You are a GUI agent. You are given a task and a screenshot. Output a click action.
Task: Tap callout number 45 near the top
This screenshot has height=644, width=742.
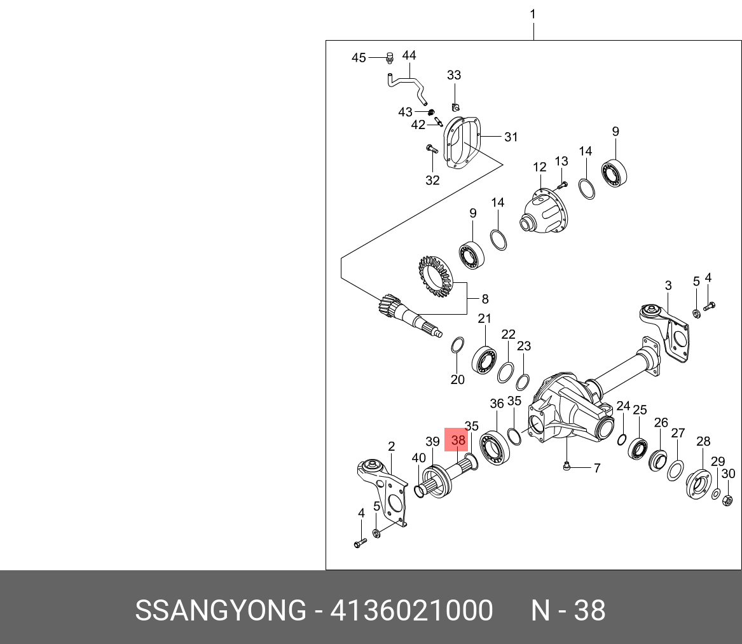(x=359, y=58)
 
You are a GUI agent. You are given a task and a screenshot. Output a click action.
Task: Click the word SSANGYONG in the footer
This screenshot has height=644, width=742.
(x=221, y=611)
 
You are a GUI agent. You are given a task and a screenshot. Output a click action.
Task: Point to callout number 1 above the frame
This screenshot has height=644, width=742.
(x=533, y=14)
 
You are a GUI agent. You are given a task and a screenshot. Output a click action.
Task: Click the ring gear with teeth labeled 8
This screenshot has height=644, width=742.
(x=434, y=277)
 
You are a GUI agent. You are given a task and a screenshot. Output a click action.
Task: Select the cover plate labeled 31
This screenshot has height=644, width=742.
(x=462, y=143)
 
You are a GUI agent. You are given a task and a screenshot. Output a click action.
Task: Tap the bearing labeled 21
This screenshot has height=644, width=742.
(x=484, y=360)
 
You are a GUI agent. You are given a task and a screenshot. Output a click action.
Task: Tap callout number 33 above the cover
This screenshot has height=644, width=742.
(x=453, y=75)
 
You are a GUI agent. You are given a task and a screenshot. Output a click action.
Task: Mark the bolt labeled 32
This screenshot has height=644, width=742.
(x=429, y=151)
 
